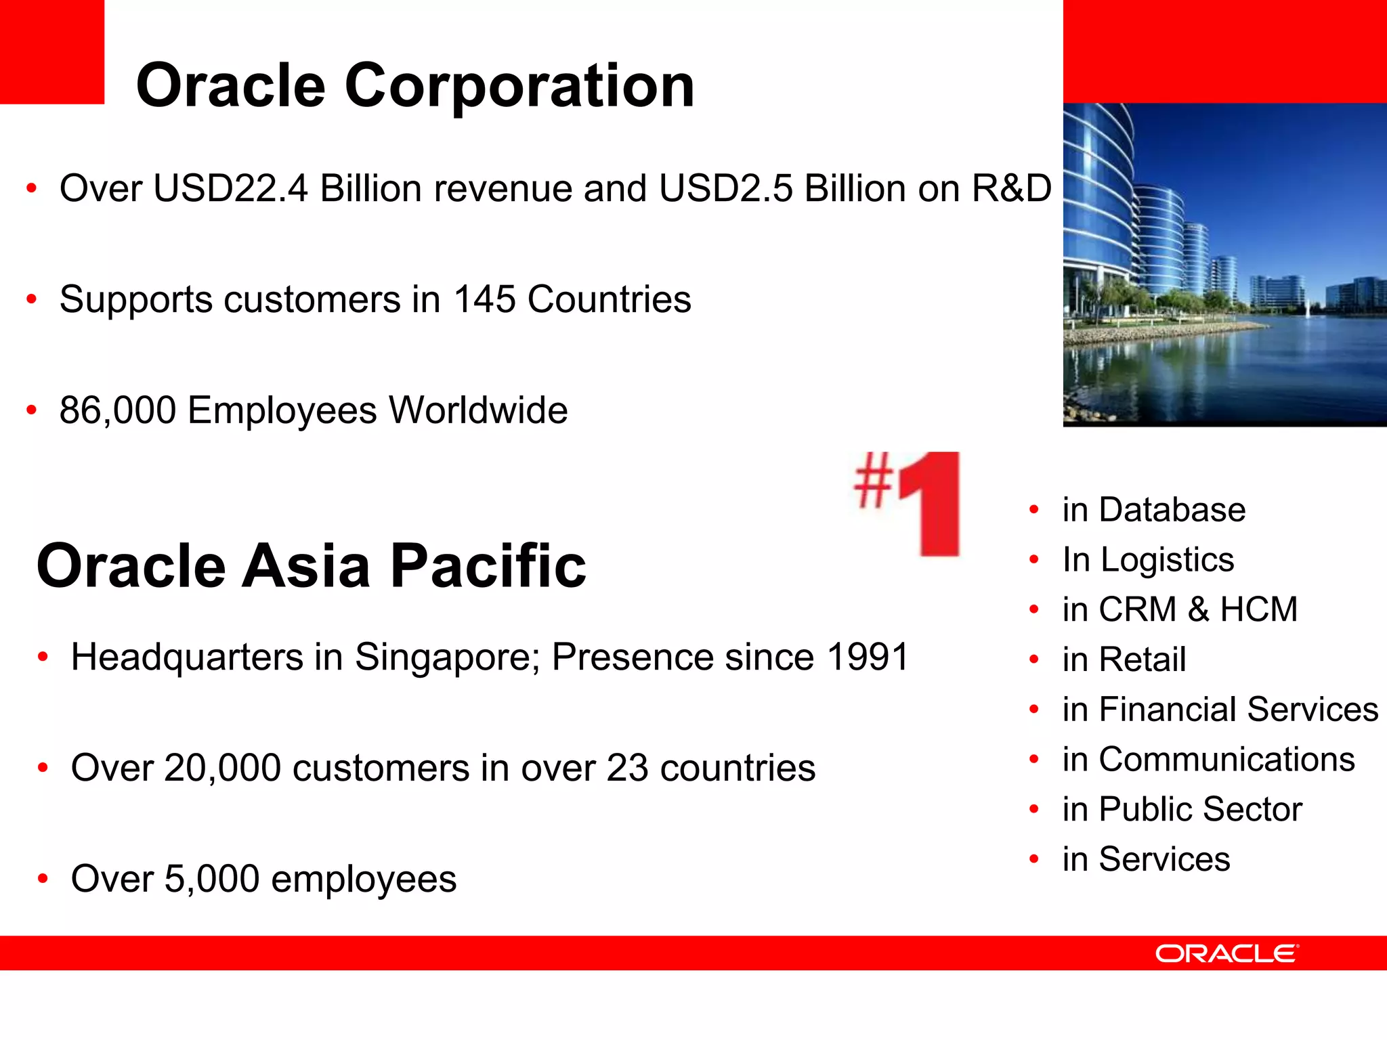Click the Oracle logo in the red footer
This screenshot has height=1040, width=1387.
pos(1226,953)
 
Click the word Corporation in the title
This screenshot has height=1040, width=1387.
pos(519,86)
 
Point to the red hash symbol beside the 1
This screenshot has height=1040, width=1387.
pos(873,480)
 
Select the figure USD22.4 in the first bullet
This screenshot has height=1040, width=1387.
pos(230,188)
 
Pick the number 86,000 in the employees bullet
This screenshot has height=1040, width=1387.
pos(118,410)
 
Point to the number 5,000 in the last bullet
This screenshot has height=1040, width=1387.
pos(212,879)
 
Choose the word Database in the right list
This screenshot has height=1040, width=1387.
pos(1172,509)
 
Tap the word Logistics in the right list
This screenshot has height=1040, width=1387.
pos(1167,559)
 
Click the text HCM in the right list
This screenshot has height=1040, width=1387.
pos(1258,609)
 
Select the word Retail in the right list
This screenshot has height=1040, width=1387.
pos(1143,659)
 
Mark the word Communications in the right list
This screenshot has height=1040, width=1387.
pos(1226,759)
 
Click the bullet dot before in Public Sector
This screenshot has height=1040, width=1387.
pos(1033,809)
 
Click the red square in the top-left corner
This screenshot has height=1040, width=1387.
pos(51,51)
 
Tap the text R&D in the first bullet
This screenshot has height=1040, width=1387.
pos(1011,188)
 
